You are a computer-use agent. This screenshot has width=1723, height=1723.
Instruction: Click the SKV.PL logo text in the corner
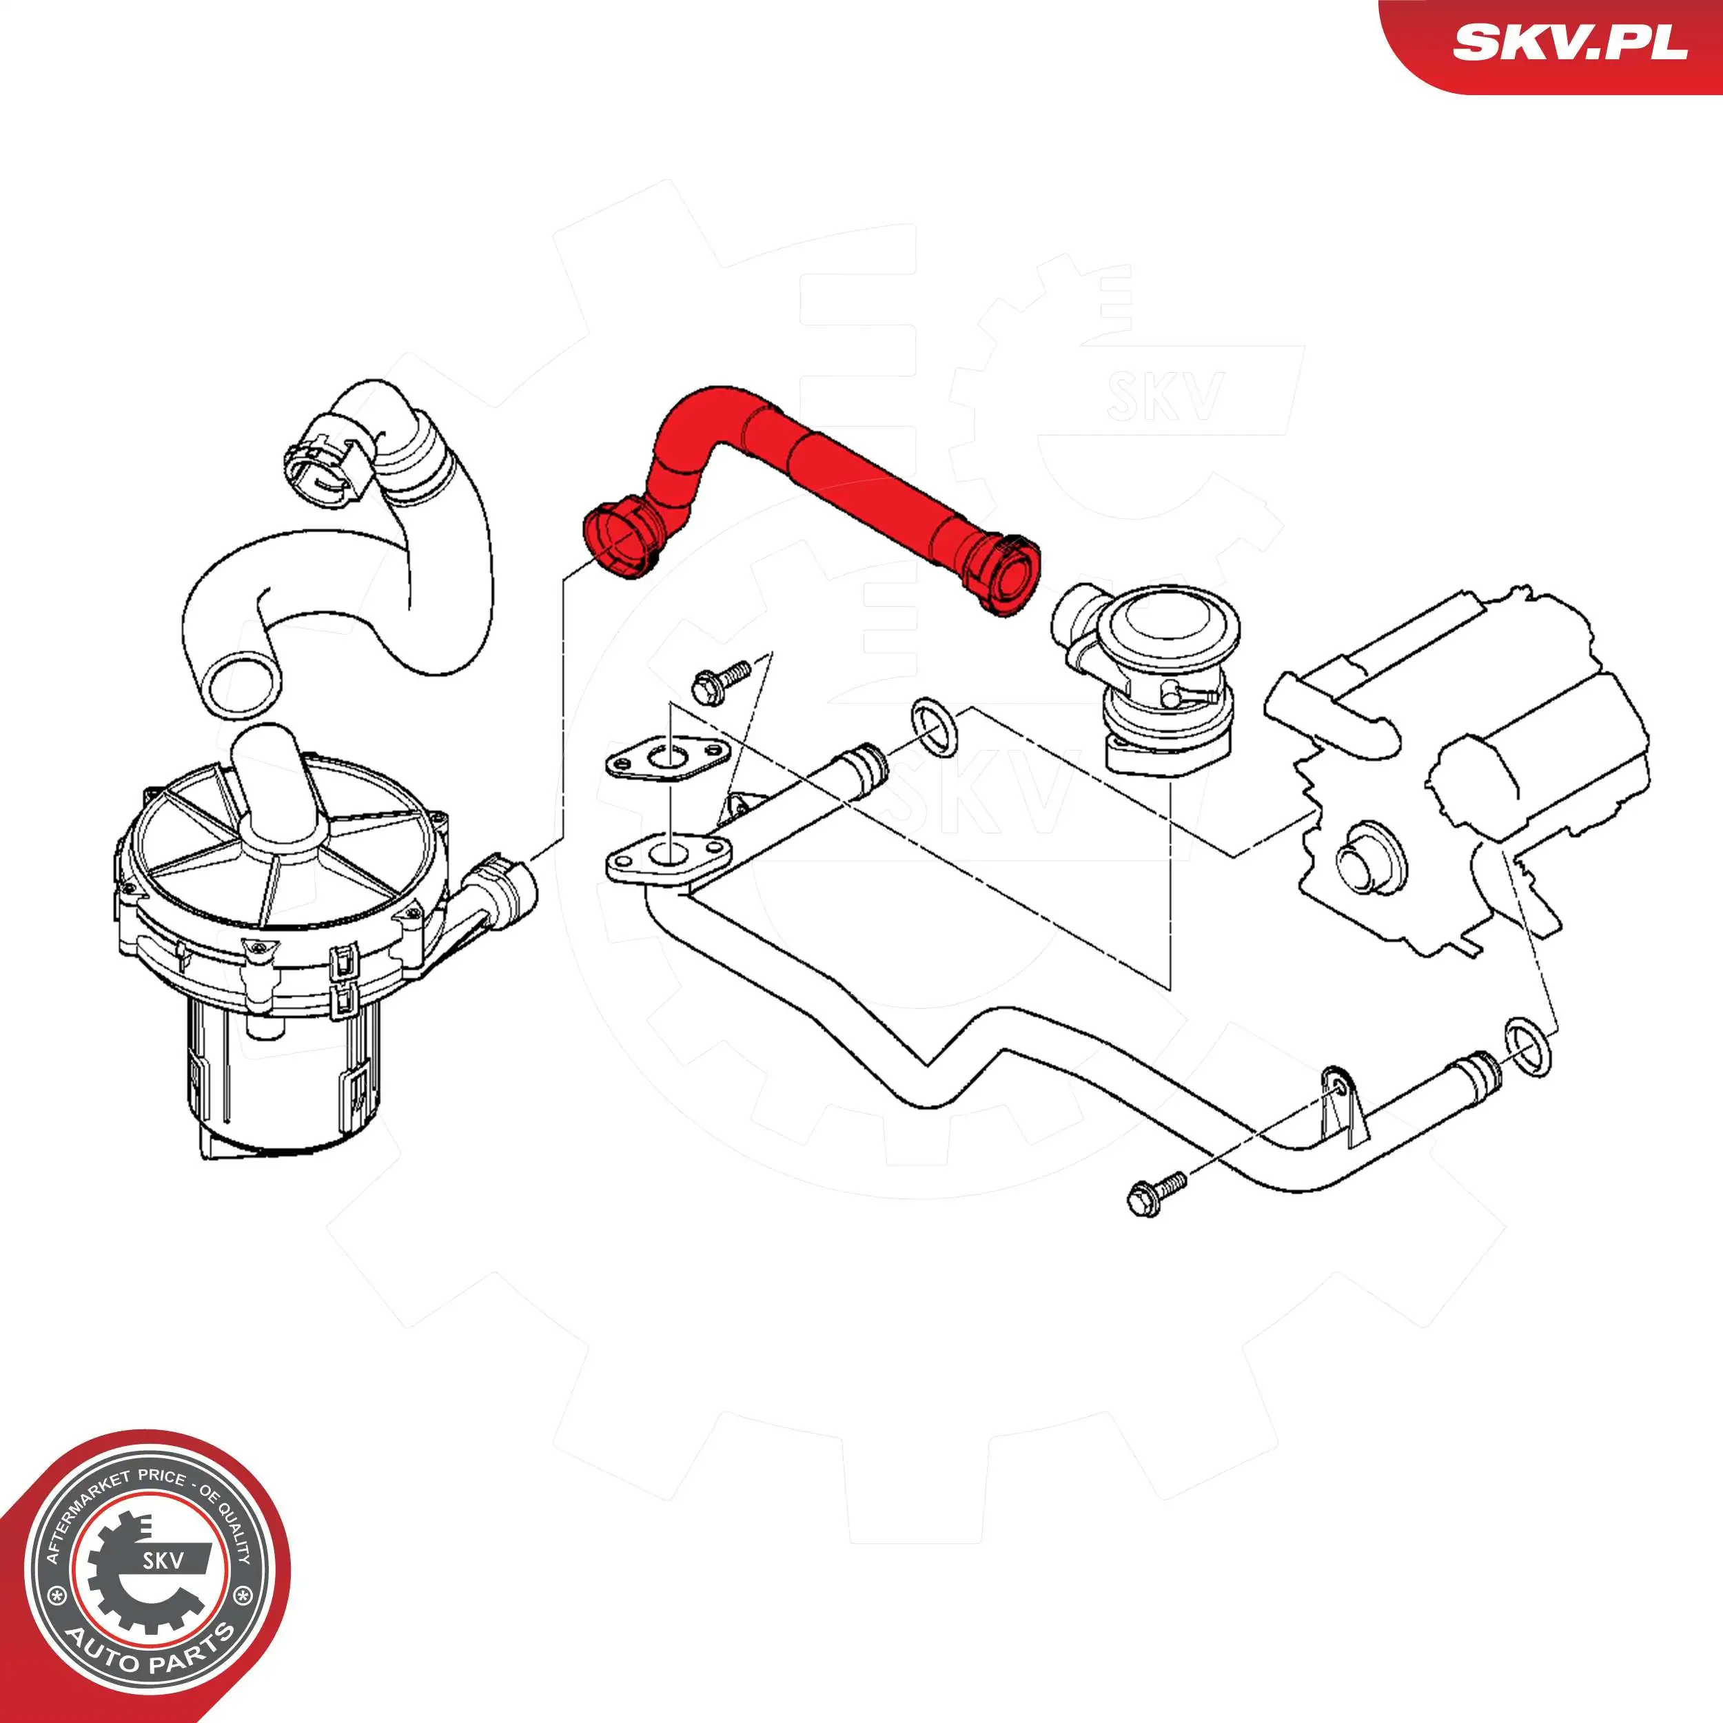[x=1569, y=42]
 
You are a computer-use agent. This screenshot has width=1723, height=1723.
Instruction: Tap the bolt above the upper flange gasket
[x=721, y=680]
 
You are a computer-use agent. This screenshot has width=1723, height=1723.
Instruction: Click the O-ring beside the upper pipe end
[x=934, y=728]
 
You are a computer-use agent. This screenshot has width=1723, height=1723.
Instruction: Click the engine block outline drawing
[x=1462, y=785]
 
